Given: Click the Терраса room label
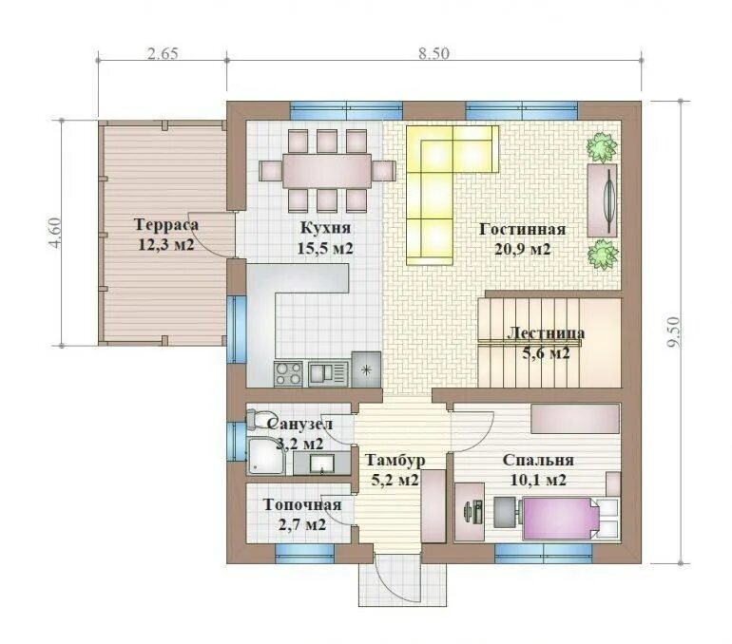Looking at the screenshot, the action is click(166, 225).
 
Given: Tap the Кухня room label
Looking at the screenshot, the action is click(325, 228).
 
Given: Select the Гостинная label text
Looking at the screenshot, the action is click(523, 230).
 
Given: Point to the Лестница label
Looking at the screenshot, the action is click(546, 333).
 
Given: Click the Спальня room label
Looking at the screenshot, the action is click(538, 461).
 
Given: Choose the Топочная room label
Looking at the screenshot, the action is click(302, 504).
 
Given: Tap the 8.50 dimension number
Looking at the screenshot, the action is click(433, 53).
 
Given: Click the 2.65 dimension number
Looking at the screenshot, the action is click(163, 53).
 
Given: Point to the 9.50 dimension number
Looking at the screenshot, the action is click(674, 332).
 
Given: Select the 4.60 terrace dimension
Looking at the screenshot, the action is click(55, 233).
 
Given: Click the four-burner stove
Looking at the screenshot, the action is click(288, 374).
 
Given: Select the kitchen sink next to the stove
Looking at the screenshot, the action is click(329, 374).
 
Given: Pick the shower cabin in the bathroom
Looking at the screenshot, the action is click(265, 457).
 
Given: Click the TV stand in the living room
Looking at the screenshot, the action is click(602, 200).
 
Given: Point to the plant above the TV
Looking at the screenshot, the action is click(602, 147).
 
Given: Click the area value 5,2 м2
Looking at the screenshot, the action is click(395, 480).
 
